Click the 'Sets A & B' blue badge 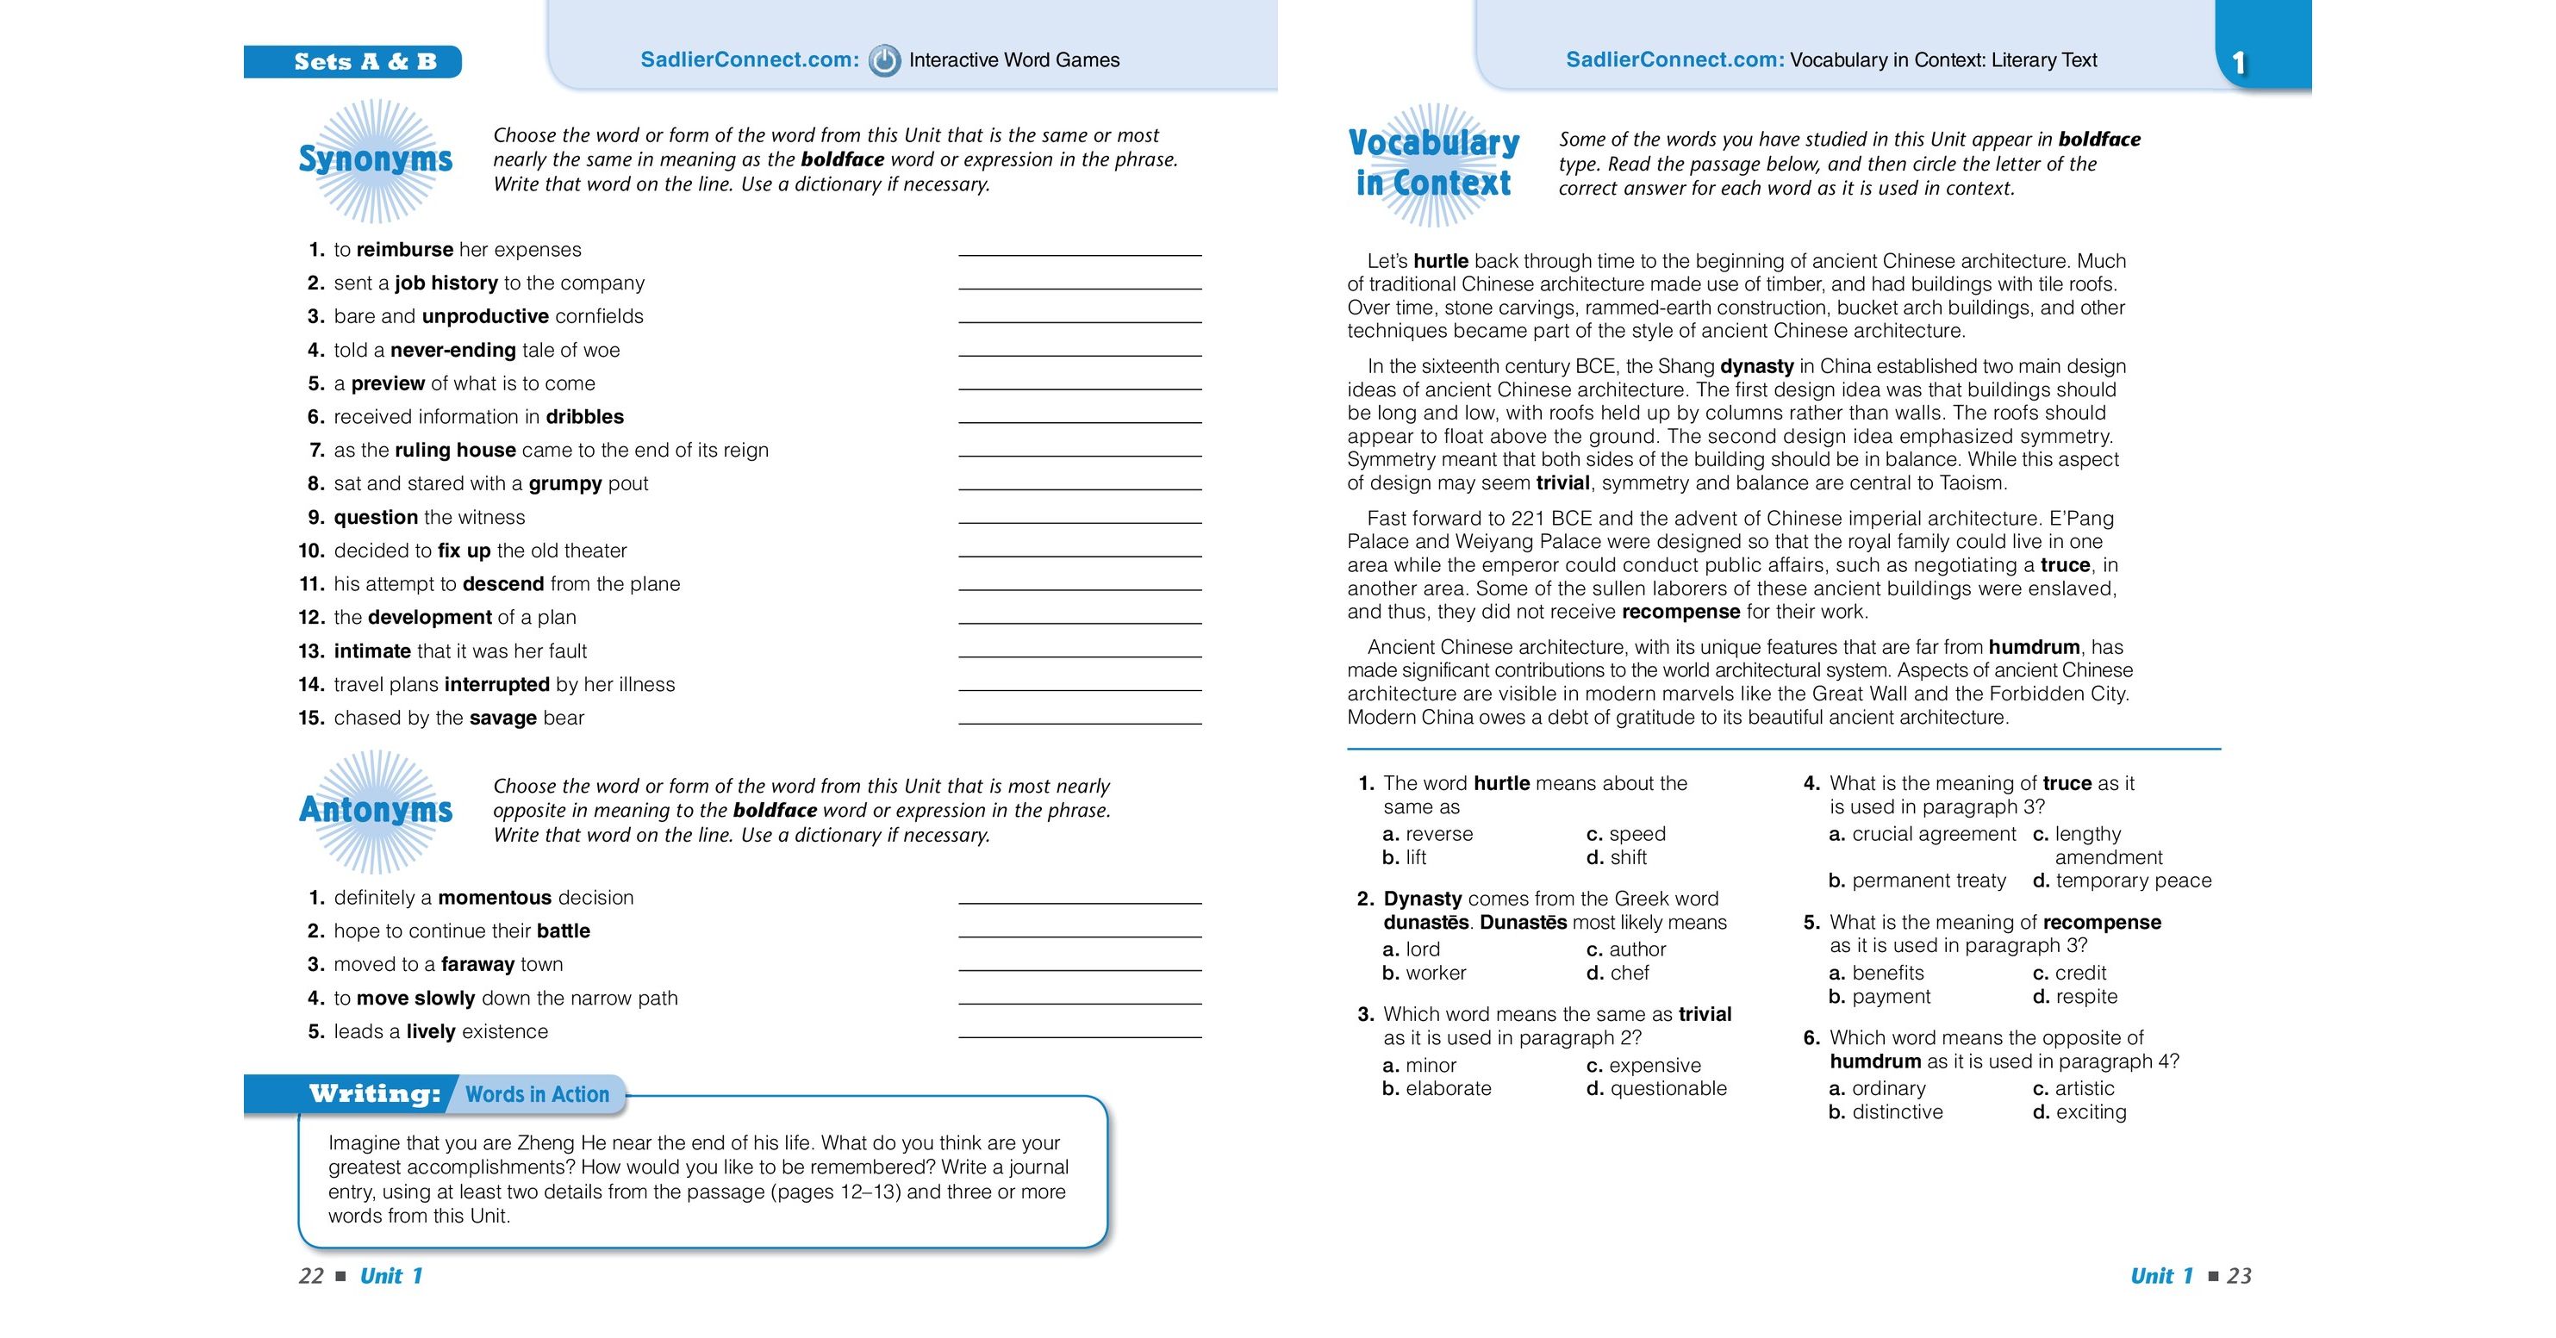click(x=352, y=61)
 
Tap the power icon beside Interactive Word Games click(x=884, y=60)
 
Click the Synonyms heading click(x=375, y=159)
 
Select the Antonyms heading click(x=375, y=809)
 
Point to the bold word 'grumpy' click(x=564, y=484)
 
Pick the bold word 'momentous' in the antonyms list click(x=494, y=898)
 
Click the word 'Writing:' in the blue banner click(x=374, y=1094)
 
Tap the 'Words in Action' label click(x=537, y=1095)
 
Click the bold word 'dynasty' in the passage click(x=1756, y=367)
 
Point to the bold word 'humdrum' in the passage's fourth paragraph click(x=2034, y=648)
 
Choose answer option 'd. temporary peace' click(x=2122, y=881)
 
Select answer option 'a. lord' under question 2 click(x=1411, y=949)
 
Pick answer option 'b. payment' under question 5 click(x=1880, y=997)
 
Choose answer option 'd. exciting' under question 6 click(x=2079, y=1112)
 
